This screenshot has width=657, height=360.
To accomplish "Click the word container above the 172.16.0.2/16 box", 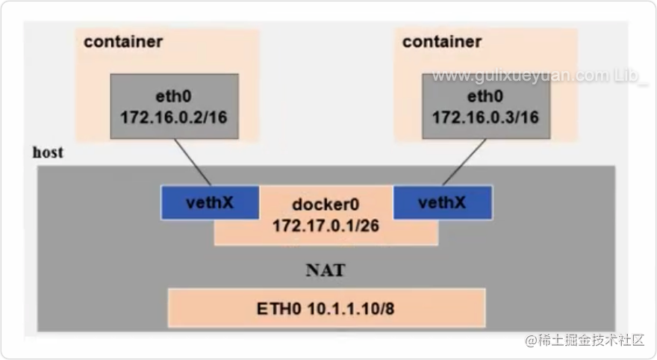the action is [123, 42].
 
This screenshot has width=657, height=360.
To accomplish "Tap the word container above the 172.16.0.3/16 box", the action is [442, 42].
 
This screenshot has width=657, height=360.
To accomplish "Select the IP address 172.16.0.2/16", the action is [174, 117].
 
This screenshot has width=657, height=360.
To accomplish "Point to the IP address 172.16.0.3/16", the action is [485, 117].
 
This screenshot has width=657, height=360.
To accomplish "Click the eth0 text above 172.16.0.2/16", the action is [173, 96].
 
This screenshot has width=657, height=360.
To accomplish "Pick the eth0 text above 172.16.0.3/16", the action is [485, 96].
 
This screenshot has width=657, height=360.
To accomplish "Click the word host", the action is [49, 152].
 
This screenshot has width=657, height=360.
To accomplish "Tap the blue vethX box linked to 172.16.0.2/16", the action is [210, 203].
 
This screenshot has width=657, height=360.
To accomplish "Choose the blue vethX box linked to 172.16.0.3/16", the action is [443, 203].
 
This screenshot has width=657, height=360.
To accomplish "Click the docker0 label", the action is [326, 205].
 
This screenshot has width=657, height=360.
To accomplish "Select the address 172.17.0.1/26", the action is [326, 226].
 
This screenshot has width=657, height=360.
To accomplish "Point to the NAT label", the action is [326, 270].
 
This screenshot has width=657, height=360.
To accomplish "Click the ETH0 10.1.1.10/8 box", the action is [326, 308].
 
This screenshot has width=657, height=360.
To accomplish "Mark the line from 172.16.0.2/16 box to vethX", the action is [193, 162].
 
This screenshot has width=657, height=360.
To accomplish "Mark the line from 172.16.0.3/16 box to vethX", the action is [464, 162].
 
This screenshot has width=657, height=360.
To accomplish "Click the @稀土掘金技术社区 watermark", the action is [585, 341].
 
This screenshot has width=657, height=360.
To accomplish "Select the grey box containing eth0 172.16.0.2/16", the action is [174, 107].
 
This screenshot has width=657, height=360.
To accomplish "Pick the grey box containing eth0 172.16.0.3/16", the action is [486, 107].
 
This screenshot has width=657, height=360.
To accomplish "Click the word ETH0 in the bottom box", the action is [279, 309].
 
